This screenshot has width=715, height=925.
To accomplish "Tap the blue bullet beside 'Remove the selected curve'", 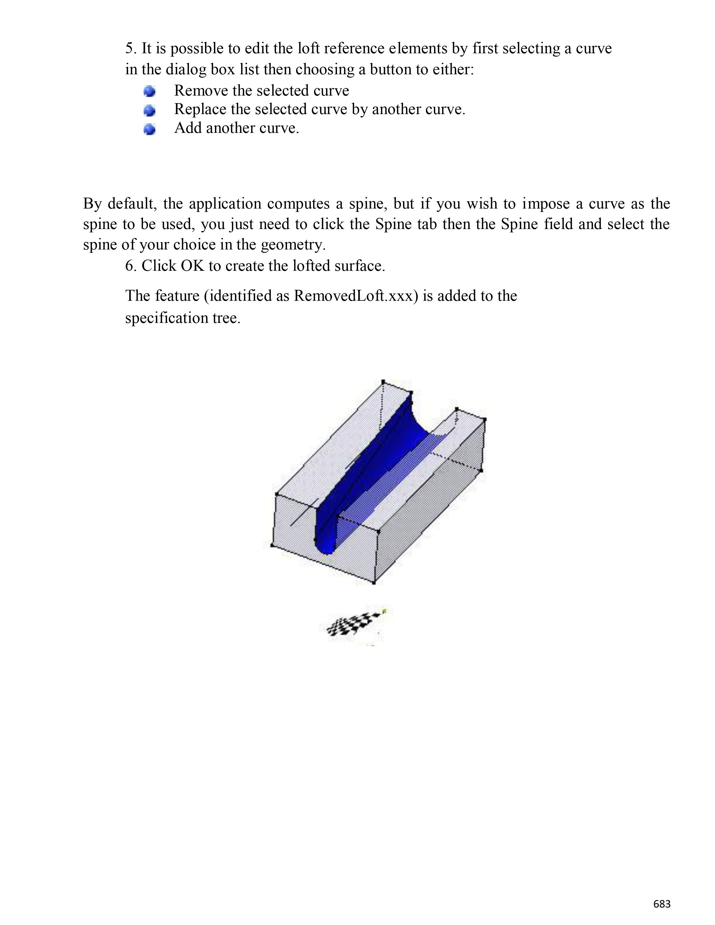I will tap(149, 91).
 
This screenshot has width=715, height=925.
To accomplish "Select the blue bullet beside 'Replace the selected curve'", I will tap(149, 110).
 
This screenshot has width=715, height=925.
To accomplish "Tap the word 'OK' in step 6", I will tap(192, 265).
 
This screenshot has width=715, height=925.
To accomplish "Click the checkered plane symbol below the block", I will tap(354, 625).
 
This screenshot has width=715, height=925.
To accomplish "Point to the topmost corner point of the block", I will tap(383, 381).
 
